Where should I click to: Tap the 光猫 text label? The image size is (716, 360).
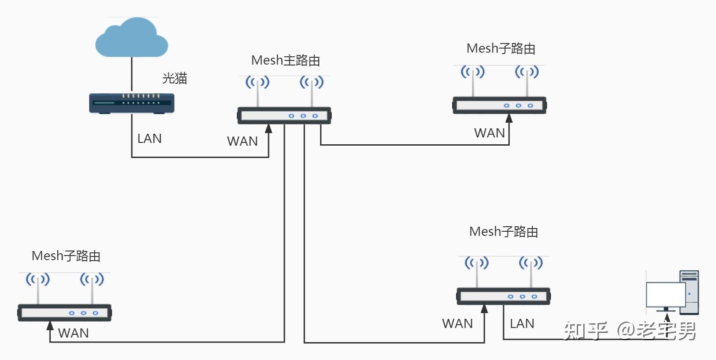(x=175, y=78)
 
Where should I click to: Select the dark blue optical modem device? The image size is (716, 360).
(x=131, y=103)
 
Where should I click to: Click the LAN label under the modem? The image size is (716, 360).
(x=149, y=138)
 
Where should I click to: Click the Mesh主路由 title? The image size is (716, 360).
(x=285, y=60)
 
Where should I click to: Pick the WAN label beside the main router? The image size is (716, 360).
(x=242, y=141)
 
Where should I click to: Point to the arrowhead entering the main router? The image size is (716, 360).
(x=268, y=128)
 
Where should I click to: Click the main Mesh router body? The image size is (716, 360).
(x=284, y=115)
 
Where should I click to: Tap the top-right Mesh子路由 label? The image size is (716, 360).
(x=501, y=49)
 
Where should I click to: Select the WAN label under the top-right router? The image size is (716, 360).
(x=489, y=133)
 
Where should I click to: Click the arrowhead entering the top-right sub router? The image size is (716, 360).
(x=509, y=118)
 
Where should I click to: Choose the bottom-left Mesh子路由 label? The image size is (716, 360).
(x=66, y=256)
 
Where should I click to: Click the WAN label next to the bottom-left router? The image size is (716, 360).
(x=73, y=333)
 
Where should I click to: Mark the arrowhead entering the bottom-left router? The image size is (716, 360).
(x=50, y=325)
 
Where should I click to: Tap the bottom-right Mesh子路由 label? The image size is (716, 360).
(x=503, y=232)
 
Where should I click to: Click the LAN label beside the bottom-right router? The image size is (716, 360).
(x=522, y=323)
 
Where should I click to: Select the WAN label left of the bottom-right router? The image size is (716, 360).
(x=457, y=323)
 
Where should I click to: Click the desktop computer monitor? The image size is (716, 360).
(x=665, y=295)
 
